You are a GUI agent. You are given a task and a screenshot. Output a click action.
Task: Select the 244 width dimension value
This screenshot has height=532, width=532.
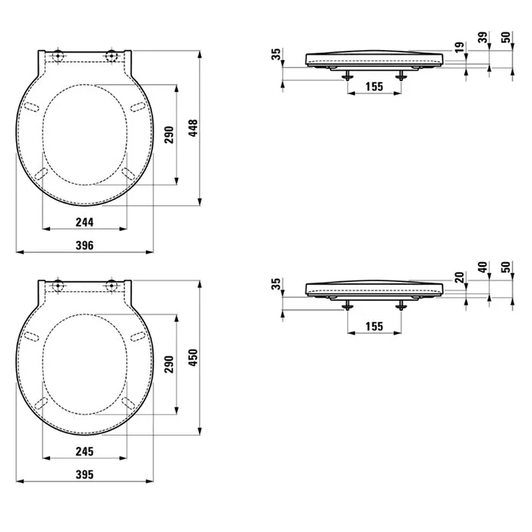[84, 221]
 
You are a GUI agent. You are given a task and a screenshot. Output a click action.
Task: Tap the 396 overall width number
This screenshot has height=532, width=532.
[84, 245]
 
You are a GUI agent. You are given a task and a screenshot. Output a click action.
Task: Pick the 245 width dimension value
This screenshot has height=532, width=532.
[84, 451]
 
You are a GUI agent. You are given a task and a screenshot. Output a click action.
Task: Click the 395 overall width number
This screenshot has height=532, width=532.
[84, 475]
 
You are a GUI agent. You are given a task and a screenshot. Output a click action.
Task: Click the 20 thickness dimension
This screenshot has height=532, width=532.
[459, 279]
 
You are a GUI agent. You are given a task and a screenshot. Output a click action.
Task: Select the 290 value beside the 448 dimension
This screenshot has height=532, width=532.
[169, 134]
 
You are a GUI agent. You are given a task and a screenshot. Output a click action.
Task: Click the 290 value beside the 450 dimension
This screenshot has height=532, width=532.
[169, 364]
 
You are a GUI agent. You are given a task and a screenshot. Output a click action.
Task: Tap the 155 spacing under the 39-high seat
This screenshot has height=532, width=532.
[374, 87]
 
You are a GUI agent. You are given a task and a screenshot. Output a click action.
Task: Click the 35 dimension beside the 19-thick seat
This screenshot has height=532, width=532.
[276, 54]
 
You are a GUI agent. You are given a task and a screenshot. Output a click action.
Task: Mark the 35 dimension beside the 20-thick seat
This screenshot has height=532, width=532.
[276, 285]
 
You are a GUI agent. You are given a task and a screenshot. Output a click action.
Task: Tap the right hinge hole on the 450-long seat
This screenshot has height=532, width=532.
[112, 286]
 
